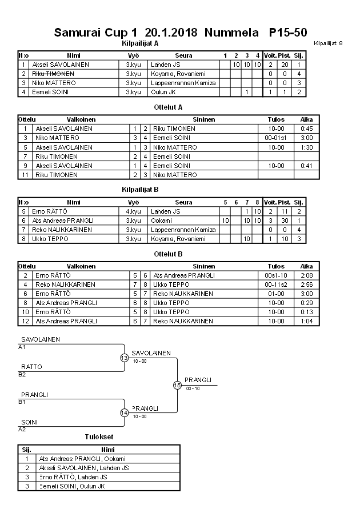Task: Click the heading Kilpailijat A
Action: pos(140,43)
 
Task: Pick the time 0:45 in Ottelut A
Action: pos(306,129)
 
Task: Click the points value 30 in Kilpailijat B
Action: pos(284,220)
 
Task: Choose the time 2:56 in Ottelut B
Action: pos(306,284)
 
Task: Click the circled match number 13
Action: pos(124,358)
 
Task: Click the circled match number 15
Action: pos(177,385)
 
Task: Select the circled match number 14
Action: pos(124,412)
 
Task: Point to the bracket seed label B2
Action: pos(22,374)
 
